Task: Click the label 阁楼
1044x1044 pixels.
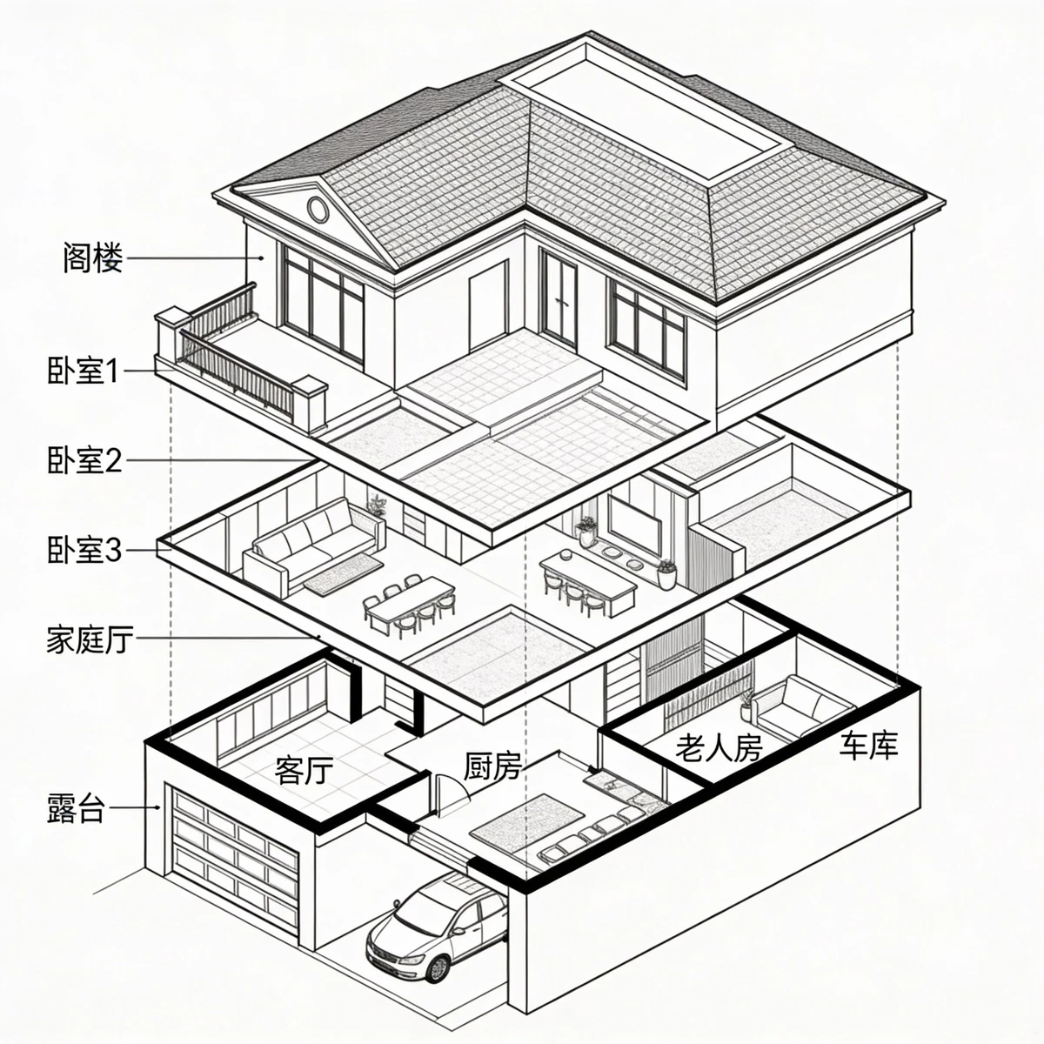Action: [x=92, y=258]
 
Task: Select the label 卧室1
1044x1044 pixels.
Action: [x=83, y=371]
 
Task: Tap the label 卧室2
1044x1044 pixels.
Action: [x=84, y=460]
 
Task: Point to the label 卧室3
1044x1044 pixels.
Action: [x=84, y=550]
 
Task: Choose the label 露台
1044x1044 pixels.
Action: [x=76, y=809]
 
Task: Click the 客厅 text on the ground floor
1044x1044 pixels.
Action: [x=304, y=770]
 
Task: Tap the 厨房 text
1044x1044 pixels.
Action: [x=492, y=767]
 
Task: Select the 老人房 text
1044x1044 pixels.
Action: [x=719, y=747]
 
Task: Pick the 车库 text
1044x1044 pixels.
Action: [x=868, y=745]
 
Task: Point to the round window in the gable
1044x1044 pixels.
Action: [x=318, y=209]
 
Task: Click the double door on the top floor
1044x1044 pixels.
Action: [x=558, y=298]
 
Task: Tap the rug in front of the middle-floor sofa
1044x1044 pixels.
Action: [x=343, y=575]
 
